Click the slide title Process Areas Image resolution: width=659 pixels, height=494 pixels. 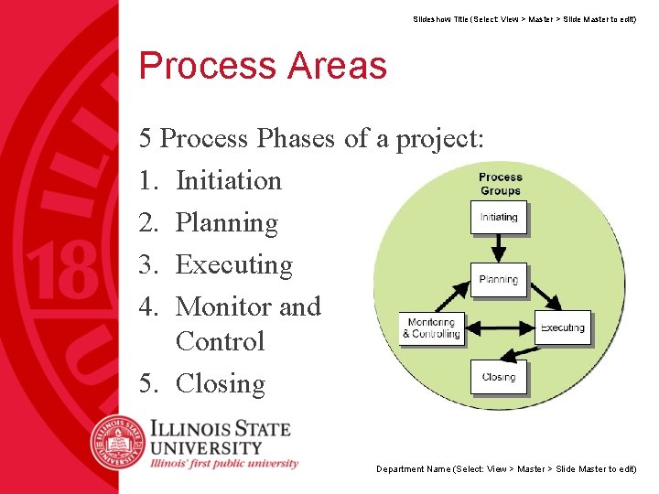coord(263,66)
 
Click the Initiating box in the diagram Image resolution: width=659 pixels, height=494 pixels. coord(499,218)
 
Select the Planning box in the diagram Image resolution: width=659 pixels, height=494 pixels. coord(499,280)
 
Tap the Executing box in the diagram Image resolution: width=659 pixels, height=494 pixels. coord(562,328)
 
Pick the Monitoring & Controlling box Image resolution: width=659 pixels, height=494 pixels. coord(431,328)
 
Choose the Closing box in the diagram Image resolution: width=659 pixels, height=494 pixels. coord(499,377)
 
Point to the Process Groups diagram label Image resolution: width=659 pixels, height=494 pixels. coord(500,184)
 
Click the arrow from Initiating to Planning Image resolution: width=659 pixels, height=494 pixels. coord(499,247)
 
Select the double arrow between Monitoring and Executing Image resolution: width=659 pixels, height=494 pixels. coord(499,328)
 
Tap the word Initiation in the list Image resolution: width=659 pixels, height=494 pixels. coord(228,180)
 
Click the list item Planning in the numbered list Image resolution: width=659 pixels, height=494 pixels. coord(226,222)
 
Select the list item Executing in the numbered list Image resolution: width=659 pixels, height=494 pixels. coord(233,264)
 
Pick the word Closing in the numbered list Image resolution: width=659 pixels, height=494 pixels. coord(220,383)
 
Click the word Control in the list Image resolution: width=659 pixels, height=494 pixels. coord(220,341)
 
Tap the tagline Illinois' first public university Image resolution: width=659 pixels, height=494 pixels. coord(224,463)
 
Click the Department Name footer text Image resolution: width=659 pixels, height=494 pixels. coord(506,469)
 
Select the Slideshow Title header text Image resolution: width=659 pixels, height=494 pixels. coord(524,18)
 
